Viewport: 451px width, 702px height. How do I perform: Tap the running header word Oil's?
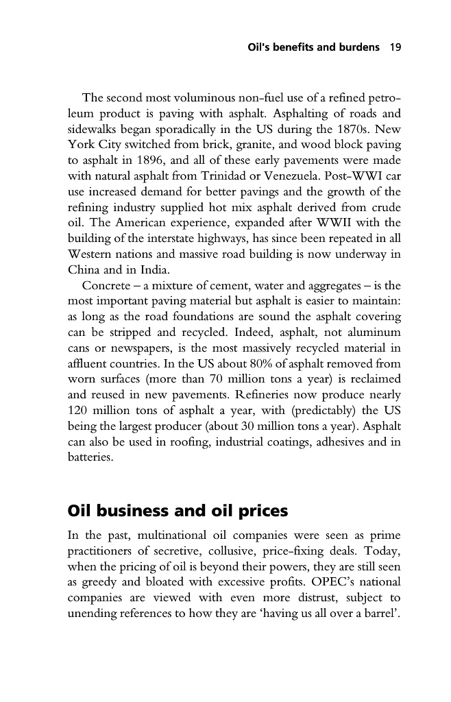coord(260,48)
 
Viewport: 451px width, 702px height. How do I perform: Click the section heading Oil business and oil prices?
coord(178,511)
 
